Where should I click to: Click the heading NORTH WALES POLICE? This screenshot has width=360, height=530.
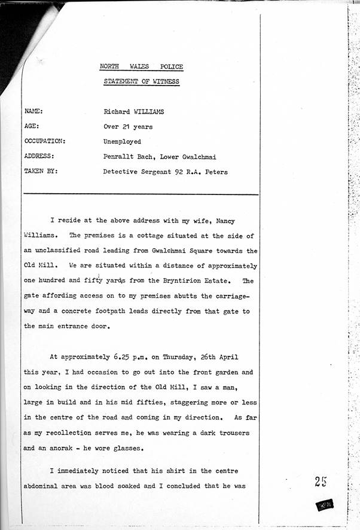coord(141,67)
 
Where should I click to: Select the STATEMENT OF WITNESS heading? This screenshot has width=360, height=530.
coord(141,81)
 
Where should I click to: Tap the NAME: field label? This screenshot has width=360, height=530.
coord(33,111)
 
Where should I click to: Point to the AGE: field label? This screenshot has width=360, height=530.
coord(32,127)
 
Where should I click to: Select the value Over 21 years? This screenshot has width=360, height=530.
coord(128,127)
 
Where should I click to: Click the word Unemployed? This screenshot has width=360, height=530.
coord(122,142)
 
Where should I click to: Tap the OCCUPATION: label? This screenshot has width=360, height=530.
coord(45,142)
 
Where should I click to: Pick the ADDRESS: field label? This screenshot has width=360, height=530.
coord(39,157)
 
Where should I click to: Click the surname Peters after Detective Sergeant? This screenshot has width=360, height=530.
coord(215,172)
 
